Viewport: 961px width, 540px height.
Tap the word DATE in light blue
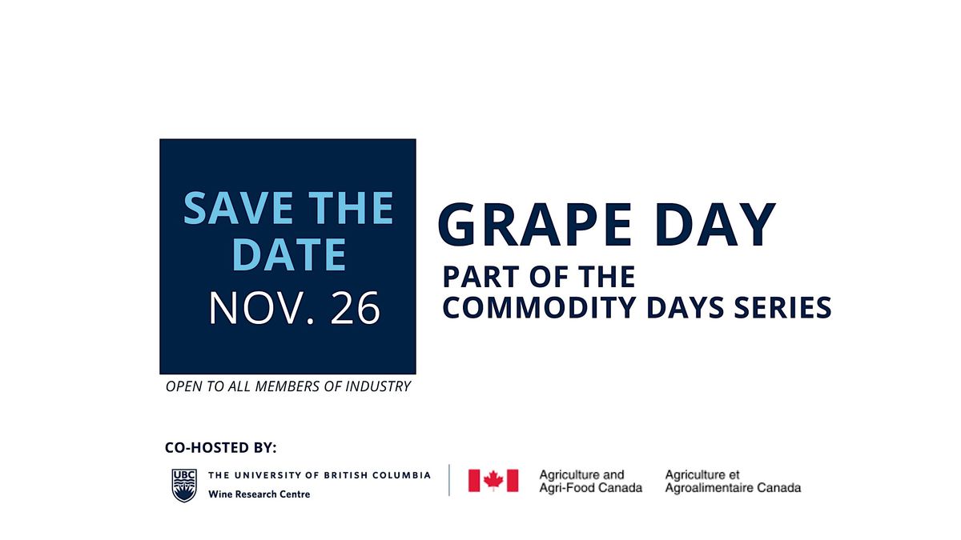(x=288, y=254)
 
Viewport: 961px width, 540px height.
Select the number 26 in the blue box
(x=354, y=309)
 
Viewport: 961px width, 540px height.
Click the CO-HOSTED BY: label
(x=220, y=448)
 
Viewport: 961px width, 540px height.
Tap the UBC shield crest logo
(x=183, y=485)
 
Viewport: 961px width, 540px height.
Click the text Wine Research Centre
(x=259, y=494)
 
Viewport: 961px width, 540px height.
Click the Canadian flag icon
(x=493, y=480)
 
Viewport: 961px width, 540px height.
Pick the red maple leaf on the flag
(x=493, y=480)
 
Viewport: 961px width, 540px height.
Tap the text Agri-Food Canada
(x=590, y=488)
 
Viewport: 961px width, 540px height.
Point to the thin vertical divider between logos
(x=449, y=480)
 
